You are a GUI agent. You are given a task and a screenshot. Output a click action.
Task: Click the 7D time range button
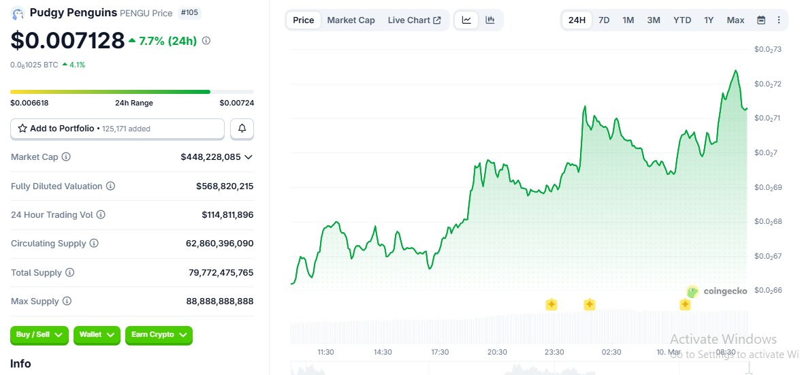pyautogui.click(x=604, y=20)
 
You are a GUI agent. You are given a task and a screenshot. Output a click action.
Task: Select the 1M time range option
pyautogui.click(x=628, y=20)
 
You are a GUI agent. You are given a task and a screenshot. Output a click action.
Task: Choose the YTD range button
pyautogui.click(x=682, y=20)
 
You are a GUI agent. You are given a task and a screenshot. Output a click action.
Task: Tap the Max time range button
pyautogui.click(x=735, y=20)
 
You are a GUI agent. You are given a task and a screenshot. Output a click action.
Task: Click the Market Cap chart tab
pyautogui.click(x=351, y=20)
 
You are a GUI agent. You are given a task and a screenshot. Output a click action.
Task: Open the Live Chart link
pyautogui.click(x=414, y=20)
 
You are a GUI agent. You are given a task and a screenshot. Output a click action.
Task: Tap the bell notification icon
pyautogui.click(x=242, y=128)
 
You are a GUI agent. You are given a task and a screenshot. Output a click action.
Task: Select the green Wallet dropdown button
pyautogui.click(x=97, y=335)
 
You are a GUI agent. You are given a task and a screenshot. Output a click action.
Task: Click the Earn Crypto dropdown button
pyautogui.click(x=159, y=335)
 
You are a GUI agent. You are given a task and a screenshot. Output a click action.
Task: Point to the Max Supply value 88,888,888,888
pyautogui.click(x=219, y=301)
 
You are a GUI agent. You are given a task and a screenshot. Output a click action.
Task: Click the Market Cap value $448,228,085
pyautogui.click(x=210, y=157)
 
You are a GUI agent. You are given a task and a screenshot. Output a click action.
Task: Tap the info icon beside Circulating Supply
pyautogui.click(x=94, y=244)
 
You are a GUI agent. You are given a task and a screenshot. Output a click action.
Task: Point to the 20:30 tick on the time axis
pyautogui.click(x=497, y=352)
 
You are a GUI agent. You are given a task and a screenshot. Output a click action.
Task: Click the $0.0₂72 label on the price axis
pyautogui.click(x=767, y=84)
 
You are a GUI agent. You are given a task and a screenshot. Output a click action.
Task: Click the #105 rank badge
pyautogui.click(x=189, y=13)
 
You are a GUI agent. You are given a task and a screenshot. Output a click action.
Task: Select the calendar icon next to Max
pyautogui.click(x=761, y=20)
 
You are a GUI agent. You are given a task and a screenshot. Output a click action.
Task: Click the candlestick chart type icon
pyautogui.click(x=490, y=20)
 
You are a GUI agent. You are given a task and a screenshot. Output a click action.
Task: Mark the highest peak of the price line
pyautogui.click(x=735, y=70)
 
